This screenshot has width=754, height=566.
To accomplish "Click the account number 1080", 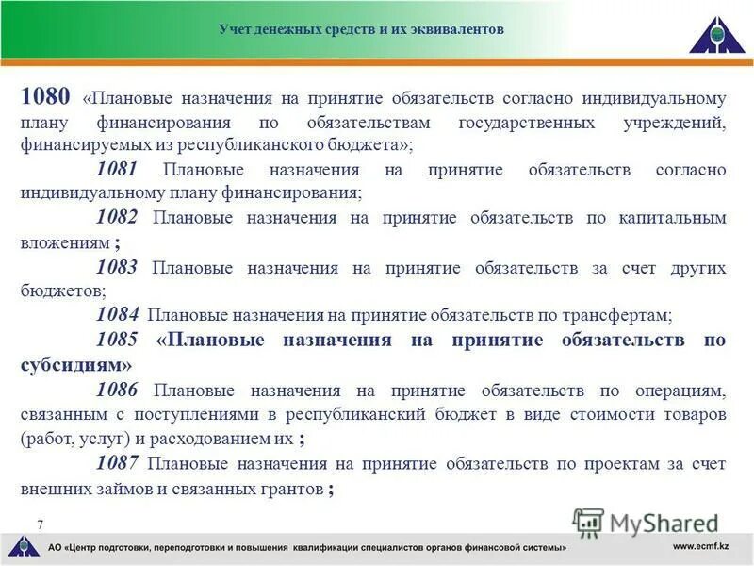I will (45, 96).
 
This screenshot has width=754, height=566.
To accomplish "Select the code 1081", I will (117, 170).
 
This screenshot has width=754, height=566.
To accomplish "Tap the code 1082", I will (117, 218).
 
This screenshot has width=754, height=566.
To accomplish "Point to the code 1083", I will (117, 267).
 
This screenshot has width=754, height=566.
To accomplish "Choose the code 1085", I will (117, 340).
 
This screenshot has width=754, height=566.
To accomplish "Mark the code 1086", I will (117, 389).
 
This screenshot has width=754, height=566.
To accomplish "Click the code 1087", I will (117, 463).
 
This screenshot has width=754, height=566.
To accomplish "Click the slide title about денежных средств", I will (361, 29).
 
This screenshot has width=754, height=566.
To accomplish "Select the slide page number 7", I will (41, 524).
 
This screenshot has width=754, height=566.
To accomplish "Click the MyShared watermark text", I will (660, 523).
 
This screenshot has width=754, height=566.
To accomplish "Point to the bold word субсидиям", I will (75, 364).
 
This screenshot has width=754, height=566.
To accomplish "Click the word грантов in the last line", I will (286, 489).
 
